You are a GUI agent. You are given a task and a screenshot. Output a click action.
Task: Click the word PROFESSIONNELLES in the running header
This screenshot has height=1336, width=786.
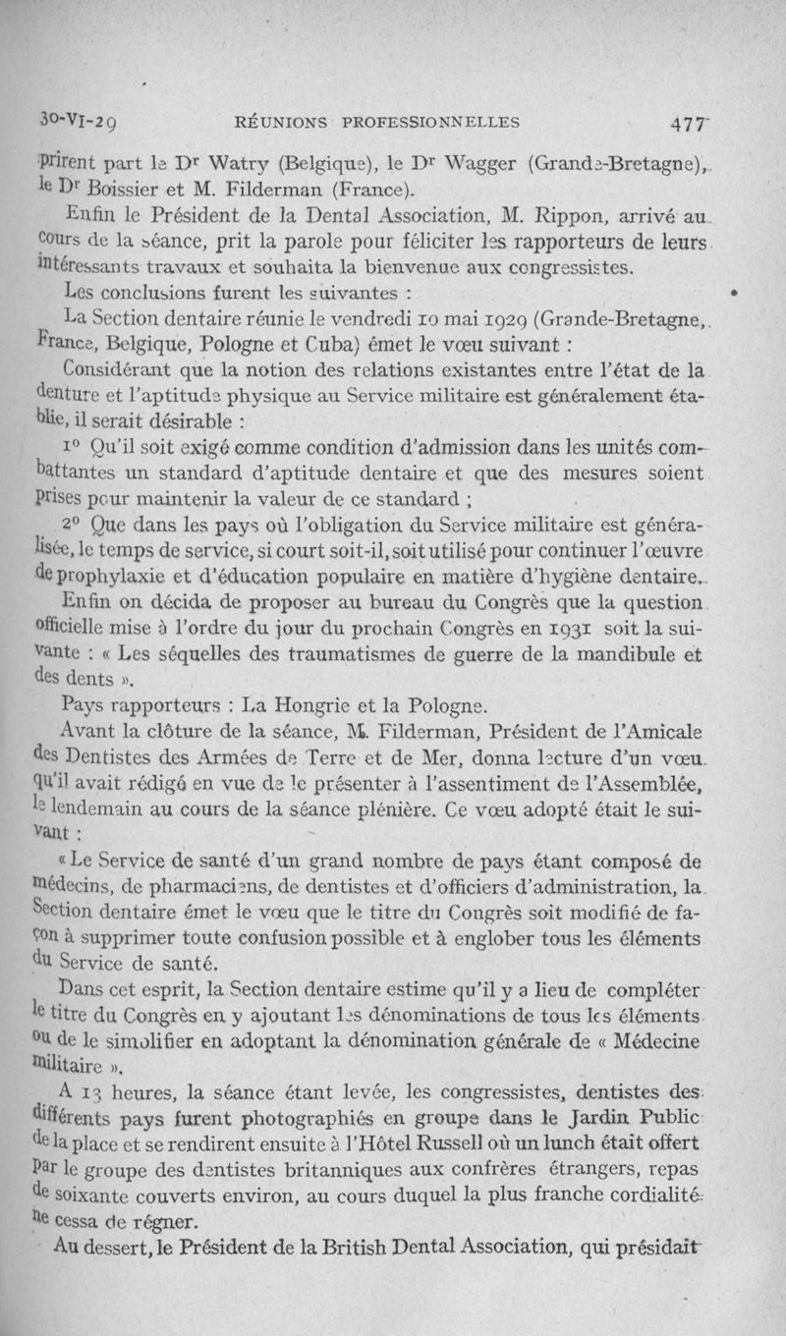tap(424, 123)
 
